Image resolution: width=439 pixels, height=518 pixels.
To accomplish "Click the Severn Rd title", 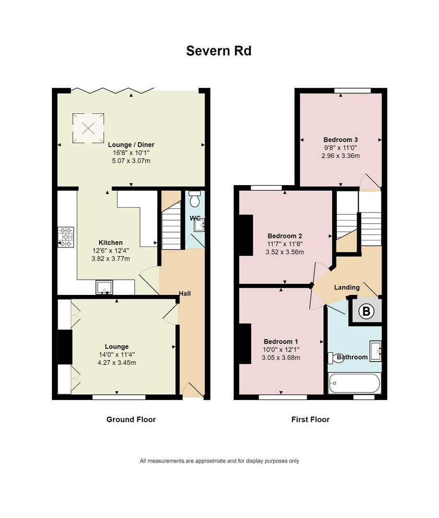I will tap(219, 51).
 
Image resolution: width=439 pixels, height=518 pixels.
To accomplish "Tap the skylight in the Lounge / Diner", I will tap(88, 128).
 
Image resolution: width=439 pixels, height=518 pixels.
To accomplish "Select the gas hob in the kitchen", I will tap(66, 237).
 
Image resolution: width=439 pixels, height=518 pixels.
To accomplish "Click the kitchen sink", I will tap(104, 287).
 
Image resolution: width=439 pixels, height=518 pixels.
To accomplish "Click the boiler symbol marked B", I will tap(367, 311).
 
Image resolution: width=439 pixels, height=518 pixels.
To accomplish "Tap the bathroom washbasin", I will tap(375, 350).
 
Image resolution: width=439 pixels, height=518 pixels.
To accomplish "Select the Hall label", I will tap(185, 293).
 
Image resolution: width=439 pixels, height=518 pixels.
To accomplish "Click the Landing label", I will tap(347, 287).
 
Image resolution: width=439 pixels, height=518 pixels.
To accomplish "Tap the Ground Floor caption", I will tap(131, 419).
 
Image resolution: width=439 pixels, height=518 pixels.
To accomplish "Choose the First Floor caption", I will tap(310, 419).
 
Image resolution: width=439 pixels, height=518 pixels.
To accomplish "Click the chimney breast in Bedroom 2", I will tap(246, 235).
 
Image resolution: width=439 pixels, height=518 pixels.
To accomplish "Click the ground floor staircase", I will tap(171, 225).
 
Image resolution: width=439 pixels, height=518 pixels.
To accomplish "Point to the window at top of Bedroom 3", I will tap(353, 91).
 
